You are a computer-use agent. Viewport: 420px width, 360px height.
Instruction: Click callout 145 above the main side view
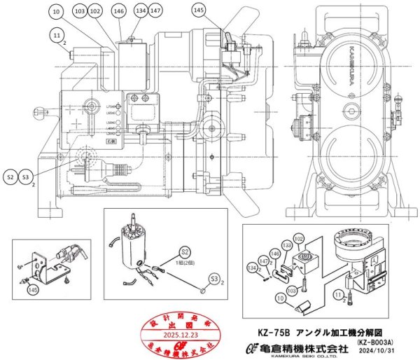coord(199,11)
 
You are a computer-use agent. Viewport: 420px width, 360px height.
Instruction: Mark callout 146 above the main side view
coord(118,11)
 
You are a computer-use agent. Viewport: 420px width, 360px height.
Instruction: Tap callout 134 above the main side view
coord(141,11)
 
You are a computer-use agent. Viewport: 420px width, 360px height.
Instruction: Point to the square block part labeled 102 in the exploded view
coord(307,261)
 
